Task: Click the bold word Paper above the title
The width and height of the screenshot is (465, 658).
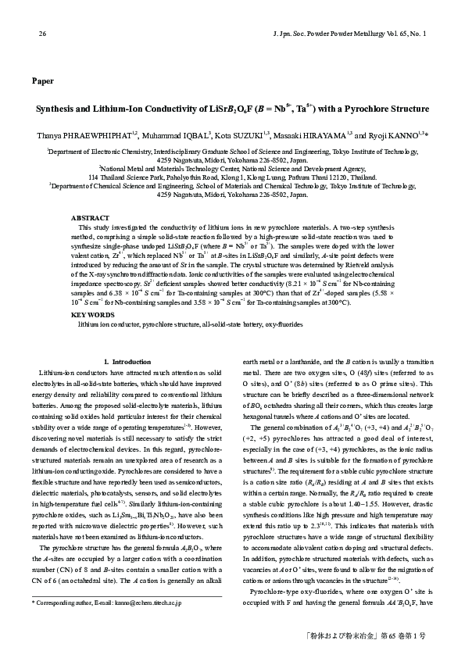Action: pyautogui.click(x=42, y=81)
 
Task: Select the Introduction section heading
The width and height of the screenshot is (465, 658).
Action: pyautogui.click(x=130, y=361)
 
